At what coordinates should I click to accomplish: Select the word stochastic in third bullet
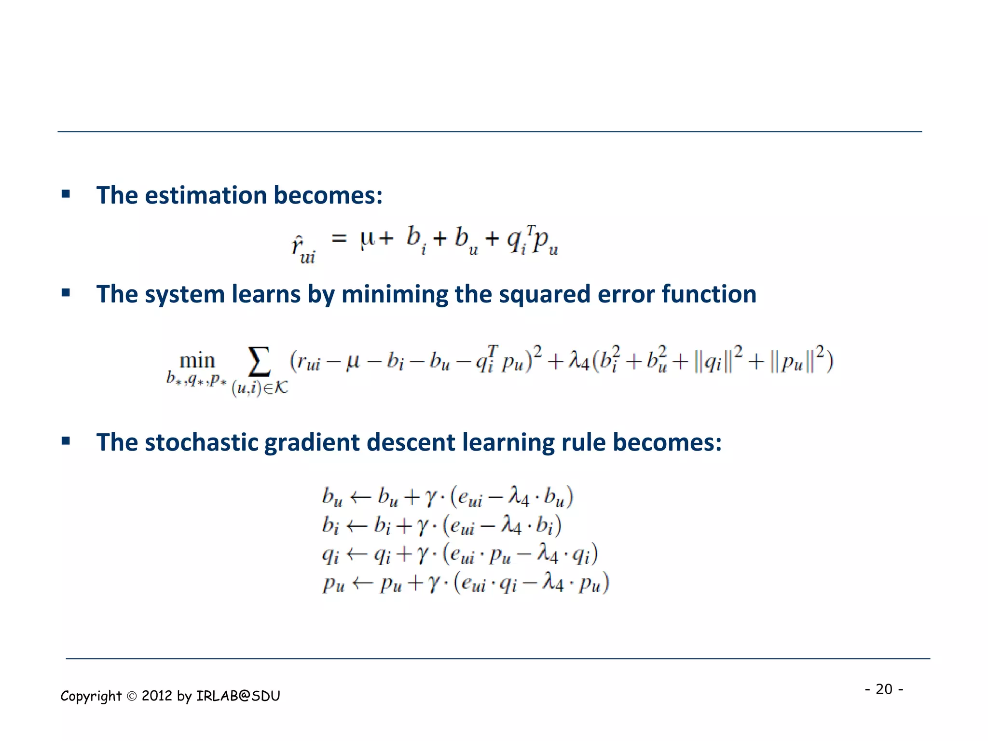coord(203,442)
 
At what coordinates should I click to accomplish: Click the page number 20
coord(884,689)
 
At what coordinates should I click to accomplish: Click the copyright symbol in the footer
coord(132,696)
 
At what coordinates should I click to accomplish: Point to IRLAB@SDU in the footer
coord(238,696)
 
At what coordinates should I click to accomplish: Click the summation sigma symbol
coord(259,362)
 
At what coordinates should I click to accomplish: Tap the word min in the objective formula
coord(197,361)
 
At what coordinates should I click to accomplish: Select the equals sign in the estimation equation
coord(339,238)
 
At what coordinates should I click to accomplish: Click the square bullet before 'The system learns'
coord(66,293)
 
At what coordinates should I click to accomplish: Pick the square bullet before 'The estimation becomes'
coord(66,194)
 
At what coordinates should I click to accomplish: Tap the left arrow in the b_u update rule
coord(360,497)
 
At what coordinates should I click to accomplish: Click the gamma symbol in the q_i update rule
coord(423,555)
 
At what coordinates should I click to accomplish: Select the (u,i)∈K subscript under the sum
coord(260,387)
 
